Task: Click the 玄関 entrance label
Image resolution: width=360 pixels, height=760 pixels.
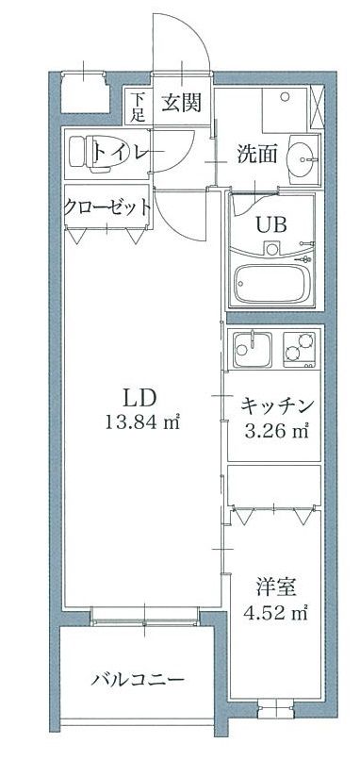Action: (178, 102)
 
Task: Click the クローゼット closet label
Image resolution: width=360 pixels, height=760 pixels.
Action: (106, 208)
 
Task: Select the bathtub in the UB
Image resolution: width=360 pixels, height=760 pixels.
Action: (273, 283)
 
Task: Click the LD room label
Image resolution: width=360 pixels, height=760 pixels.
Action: (140, 397)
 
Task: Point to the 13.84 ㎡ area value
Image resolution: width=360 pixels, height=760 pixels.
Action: (140, 421)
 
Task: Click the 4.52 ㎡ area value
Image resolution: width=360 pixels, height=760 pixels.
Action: (276, 614)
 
